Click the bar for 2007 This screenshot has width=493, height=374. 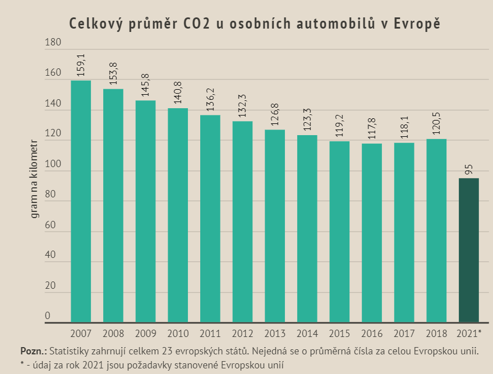[81, 202]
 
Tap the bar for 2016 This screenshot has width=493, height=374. [372, 233]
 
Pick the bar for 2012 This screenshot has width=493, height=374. [242, 222]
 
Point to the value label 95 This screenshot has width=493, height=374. [469, 169]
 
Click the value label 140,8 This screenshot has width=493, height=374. [178, 94]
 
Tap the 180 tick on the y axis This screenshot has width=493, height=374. [50, 42]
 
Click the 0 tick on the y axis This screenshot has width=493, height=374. [48, 316]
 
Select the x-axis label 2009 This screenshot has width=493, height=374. [145, 334]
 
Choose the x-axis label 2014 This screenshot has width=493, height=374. [307, 334]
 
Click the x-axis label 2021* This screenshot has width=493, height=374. [470, 334]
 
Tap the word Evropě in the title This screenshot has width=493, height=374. [417, 24]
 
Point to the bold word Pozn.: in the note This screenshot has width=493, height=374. [33, 352]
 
